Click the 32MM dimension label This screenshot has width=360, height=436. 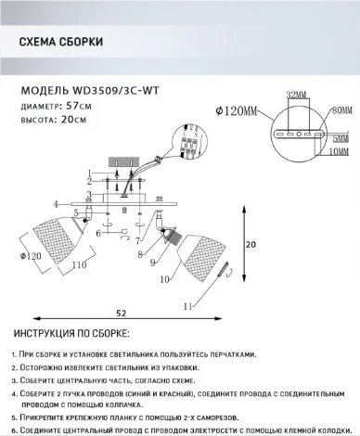tap(296, 95)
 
